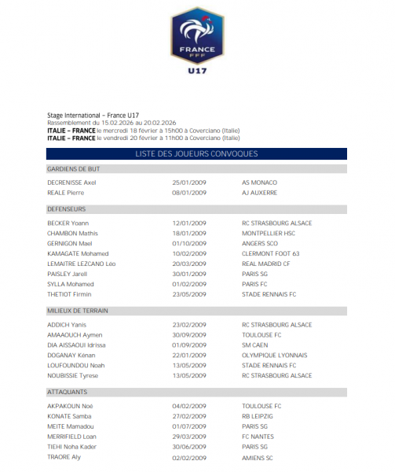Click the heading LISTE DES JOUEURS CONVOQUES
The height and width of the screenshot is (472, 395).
196,153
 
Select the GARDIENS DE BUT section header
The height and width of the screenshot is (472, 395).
73,169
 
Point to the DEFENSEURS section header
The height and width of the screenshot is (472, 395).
67,209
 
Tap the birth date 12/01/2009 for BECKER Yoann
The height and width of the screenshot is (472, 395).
189,223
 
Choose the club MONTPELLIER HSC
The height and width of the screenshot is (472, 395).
269,233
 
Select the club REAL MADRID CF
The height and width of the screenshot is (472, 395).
266,264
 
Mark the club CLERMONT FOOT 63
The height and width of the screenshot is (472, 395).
271,253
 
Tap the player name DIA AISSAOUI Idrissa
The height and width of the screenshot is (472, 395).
77,345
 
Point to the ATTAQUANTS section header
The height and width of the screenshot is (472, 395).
67,391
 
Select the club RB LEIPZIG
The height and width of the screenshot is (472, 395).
258,416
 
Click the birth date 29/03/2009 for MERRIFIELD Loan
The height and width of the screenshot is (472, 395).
189,437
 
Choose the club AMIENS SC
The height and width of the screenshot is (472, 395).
258,457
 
